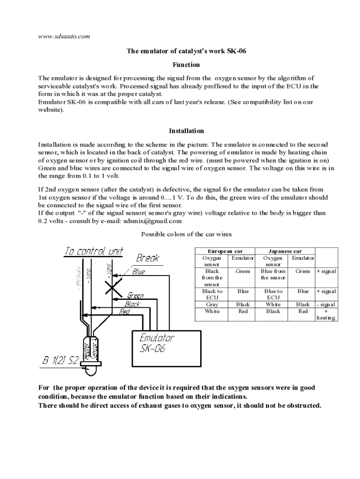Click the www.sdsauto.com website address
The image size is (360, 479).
coord(64,36)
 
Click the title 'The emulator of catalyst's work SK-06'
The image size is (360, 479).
coord(186,51)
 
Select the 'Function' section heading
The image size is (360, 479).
coord(186,65)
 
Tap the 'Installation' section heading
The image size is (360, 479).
coord(186,131)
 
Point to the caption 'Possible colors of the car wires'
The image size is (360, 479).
coord(186,234)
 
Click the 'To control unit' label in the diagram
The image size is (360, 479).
coord(94,251)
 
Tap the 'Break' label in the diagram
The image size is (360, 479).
coord(148,258)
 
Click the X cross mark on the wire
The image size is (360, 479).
coord(114,286)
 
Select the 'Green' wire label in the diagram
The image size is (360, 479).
coord(136,296)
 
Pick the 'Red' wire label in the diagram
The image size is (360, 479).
coord(124,312)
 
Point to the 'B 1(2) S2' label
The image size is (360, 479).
coord(61,361)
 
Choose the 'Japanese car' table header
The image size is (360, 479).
coord(285,251)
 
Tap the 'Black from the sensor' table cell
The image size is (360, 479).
coord(212,277)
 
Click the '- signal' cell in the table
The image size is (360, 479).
coord(326,304)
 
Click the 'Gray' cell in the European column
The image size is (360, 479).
coord(212,304)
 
